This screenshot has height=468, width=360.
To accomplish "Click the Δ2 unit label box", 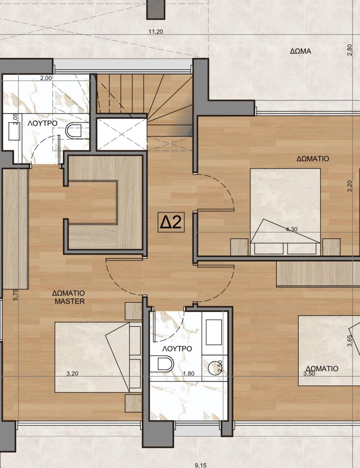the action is click(171, 222).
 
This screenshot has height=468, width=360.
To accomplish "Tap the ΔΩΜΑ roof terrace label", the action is click(300, 51).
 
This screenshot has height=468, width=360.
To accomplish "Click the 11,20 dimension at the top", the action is click(156, 32).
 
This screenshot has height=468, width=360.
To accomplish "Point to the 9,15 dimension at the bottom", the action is click(200, 465).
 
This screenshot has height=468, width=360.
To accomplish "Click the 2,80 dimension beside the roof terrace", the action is click(350, 50).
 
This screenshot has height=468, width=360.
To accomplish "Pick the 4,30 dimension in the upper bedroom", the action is click(291, 229).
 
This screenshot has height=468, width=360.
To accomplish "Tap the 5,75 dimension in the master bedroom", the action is click(16, 294).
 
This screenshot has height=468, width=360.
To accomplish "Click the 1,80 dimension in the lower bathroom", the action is click(189, 374).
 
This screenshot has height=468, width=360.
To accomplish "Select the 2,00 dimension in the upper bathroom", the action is click(46, 78).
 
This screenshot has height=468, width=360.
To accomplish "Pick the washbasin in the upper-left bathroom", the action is click(14, 131).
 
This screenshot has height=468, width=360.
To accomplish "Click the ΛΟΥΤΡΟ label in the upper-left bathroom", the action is click(42, 123).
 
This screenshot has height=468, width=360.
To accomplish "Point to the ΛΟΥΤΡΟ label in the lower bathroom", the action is click(177, 349).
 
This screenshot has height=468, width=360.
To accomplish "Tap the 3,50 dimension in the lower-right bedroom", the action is click(309, 374).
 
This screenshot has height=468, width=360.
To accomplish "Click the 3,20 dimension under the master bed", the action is click(72, 374).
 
